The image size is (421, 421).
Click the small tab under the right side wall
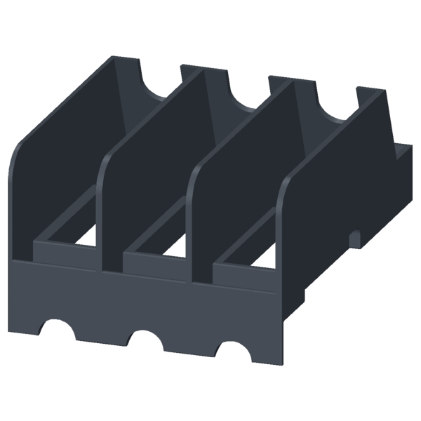pos(356,236)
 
